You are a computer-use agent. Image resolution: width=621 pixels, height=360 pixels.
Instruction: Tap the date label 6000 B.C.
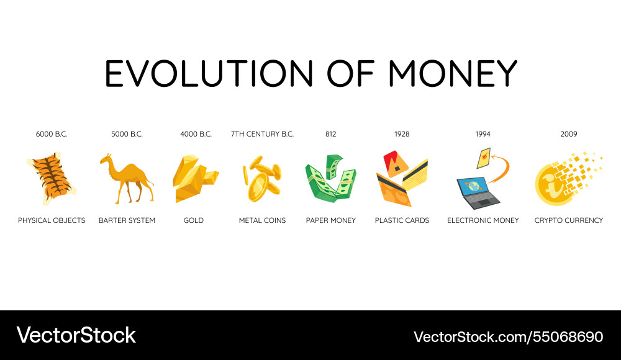[x=52, y=134]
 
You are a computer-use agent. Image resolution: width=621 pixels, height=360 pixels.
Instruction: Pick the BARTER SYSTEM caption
[x=127, y=220]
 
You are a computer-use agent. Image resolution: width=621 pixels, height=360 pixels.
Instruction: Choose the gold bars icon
[x=194, y=179]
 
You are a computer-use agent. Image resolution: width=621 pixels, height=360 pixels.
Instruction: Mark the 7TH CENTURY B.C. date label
[x=262, y=134]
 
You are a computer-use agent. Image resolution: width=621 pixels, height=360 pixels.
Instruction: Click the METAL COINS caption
[x=262, y=220]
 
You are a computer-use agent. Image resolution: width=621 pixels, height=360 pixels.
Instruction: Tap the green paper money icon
[x=330, y=178]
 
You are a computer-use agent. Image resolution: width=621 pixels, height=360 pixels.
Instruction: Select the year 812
[x=330, y=134]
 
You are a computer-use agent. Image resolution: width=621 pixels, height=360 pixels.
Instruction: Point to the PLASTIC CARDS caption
[x=402, y=220]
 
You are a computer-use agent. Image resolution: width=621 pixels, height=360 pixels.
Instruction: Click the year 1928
[x=402, y=134]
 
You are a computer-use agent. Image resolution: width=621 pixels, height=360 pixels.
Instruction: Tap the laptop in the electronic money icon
[x=478, y=192]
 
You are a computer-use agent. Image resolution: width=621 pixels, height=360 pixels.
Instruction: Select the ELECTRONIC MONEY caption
[x=483, y=220]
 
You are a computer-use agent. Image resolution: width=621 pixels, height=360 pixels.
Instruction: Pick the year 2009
[x=568, y=134]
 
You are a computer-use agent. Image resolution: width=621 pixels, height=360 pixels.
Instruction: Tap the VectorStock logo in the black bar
[x=76, y=336]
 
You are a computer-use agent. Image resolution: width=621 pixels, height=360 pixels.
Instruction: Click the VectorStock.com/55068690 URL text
[x=508, y=337]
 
